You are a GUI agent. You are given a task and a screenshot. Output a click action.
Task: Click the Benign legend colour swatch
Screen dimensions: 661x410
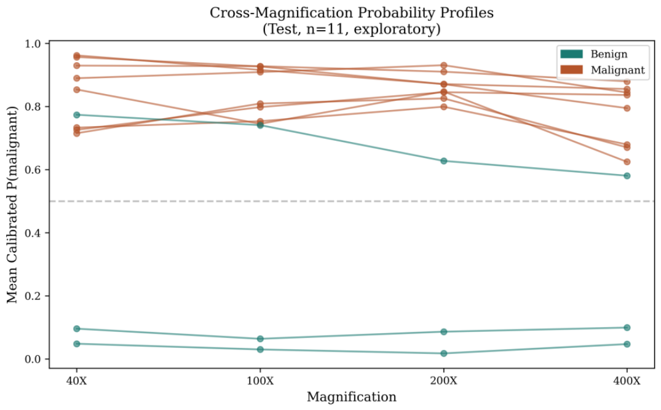coord(571,54)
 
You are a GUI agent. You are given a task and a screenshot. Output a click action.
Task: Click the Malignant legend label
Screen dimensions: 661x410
coord(617,70)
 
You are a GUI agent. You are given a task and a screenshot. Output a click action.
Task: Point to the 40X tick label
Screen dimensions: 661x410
coord(77,381)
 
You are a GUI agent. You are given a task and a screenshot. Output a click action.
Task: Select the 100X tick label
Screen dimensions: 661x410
coord(260,381)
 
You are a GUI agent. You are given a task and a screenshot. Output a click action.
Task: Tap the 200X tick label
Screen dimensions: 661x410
coord(443,381)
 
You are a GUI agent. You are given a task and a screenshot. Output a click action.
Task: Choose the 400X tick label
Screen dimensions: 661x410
coord(627,381)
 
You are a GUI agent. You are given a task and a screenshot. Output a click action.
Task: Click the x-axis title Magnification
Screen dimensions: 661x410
coord(352,397)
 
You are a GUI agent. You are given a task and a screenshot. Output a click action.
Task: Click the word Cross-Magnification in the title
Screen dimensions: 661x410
coord(282,13)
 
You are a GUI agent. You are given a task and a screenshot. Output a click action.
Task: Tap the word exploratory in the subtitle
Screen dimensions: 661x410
coord(392,29)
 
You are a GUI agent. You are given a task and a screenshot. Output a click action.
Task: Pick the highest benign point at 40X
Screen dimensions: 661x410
coord(77,115)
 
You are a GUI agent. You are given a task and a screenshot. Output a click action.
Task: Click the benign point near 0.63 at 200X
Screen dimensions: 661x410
coord(443,161)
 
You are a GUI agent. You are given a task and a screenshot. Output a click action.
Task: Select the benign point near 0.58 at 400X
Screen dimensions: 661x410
coord(627,176)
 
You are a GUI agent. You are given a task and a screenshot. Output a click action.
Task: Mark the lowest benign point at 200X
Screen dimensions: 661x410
coord(443,353)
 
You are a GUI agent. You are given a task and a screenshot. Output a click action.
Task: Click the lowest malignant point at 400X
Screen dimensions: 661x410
coord(627,162)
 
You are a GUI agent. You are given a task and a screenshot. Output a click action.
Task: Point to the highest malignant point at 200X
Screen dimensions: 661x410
coord(443,65)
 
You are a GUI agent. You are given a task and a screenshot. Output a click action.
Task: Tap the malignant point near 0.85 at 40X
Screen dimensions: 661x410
coord(77,90)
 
